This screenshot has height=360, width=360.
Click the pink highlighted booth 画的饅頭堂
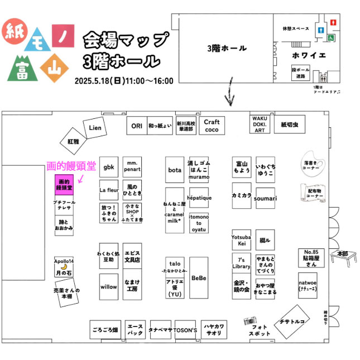click(64, 185)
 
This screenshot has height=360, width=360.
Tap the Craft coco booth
click(212, 125)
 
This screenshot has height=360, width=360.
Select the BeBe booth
click(199, 277)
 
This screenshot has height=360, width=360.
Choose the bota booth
click(175, 169)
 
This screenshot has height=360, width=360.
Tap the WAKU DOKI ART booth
click(260, 124)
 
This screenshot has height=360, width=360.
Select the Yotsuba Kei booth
click(241, 239)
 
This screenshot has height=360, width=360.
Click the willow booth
click(109, 287)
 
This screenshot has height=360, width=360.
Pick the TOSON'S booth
click(186, 329)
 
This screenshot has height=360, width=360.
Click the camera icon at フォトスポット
click(249, 321)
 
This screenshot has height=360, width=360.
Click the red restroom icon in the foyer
click(333, 22)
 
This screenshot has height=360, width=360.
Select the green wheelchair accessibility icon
click(331, 38)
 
